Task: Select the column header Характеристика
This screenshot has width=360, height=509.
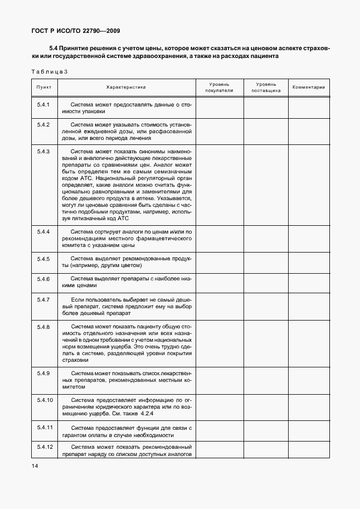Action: (x=126, y=88)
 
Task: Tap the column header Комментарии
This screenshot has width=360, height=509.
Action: (x=308, y=88)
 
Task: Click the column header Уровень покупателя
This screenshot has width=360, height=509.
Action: (x=219, y=86)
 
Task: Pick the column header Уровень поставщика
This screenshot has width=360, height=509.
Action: (x=266, y=86)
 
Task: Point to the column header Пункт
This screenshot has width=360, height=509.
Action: (x=44, y=88)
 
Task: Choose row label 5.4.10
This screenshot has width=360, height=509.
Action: (x=45, y=400)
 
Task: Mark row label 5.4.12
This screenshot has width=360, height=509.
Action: (x=45, y=447)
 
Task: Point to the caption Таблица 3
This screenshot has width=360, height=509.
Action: (x=50, y=71)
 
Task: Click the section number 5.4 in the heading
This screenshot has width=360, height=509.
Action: (x=53, y=49)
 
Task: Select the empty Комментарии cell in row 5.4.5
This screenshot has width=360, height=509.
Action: (x=308, y=263)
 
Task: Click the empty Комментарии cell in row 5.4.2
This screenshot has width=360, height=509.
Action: (x=308, y=132)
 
